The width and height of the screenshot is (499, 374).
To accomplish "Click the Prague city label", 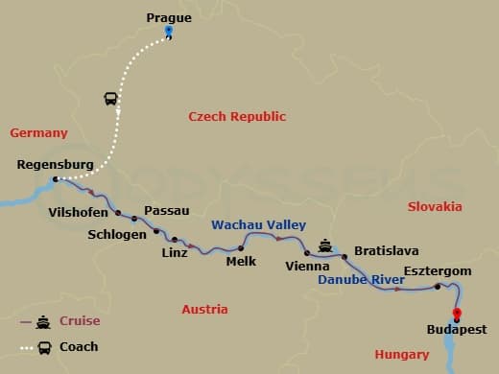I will (168, 16).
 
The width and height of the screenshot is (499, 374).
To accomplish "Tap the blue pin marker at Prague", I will (168, 32).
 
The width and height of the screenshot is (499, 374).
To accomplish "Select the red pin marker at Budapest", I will (456, 314).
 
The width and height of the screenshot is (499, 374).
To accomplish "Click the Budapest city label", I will (456, 331).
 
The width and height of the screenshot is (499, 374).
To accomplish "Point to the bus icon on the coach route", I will (110, 99).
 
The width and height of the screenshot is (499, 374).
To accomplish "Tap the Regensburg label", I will (56, 165).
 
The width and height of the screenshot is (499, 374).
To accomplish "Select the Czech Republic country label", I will (237, 116).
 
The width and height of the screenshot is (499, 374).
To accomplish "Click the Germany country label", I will (39, 133).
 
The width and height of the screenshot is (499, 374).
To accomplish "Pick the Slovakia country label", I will (434, 206).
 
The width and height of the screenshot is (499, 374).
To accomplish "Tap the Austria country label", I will (204, 310).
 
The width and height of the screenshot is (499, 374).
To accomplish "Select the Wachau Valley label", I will (245, 224).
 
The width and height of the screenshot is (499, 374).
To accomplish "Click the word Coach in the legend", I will (79, 347).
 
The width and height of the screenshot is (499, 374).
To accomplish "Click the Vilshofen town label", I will (78, 213).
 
